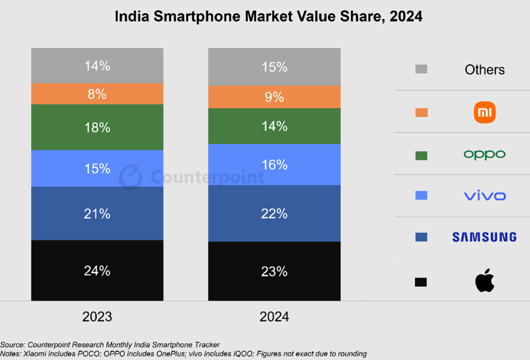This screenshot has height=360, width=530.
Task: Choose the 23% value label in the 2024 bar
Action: point(274,271)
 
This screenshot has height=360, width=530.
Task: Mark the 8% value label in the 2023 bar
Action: point(97,94)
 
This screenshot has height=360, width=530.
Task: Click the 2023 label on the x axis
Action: point(97,317)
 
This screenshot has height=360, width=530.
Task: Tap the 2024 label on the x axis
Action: point(274,317)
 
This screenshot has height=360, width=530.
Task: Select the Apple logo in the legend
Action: point(484,281)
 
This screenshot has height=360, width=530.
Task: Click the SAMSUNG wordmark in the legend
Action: point(484,237)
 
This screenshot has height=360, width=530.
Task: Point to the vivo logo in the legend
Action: point(484,196)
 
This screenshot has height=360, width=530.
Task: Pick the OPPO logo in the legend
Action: point(484,154)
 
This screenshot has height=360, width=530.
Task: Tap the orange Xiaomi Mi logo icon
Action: point(484,112)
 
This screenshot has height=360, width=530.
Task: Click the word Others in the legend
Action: point(484,70)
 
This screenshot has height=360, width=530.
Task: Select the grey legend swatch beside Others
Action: point(421,69)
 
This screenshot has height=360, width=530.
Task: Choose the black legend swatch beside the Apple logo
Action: point(421,281)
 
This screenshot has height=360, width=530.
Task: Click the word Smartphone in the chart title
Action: point(191,17)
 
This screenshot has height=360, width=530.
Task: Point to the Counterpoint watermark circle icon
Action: point(130,177)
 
